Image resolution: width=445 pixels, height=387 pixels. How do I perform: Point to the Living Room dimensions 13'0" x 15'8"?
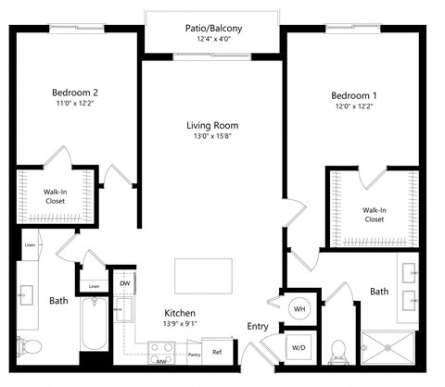click(x=212, y=138)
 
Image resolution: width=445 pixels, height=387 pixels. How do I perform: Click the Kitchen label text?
click(x=179, y=313)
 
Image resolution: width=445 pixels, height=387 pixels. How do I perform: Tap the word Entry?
click(x=258, y=326)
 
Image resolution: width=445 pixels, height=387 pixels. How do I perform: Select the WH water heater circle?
click(x=300, y=307)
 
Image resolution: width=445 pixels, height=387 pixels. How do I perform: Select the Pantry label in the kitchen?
click(x=195, y=354)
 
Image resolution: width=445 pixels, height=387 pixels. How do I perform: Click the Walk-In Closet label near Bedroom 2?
click(x=54, y=197)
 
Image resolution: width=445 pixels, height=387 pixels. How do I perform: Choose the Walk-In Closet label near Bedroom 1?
click(x=374, y=215)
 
